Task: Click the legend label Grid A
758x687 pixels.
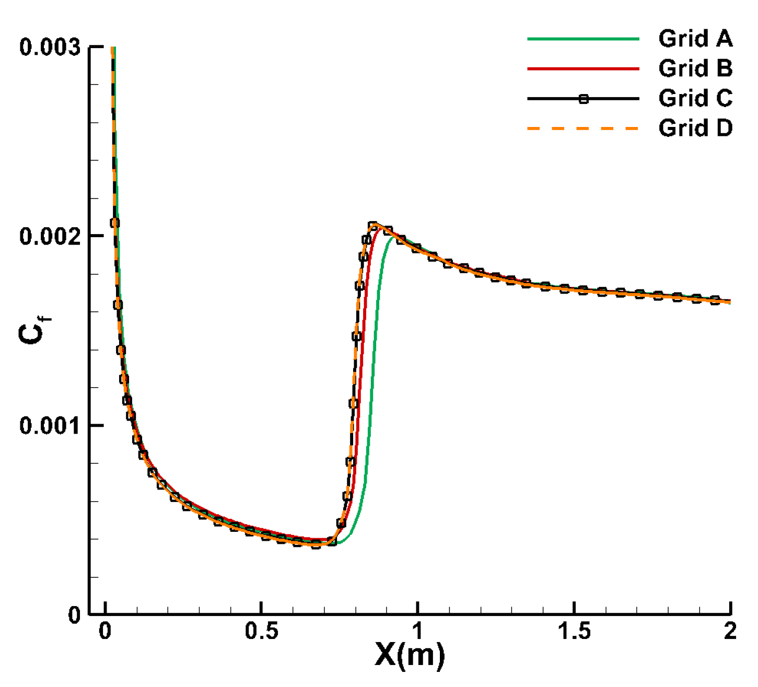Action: pyautogui.click(x=695, y=39)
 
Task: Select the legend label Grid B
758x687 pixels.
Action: pyautogui.click(x=695, y=68)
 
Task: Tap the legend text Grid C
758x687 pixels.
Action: pyautogui.click(x=695, y=98)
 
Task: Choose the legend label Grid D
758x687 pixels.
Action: pyautogui.click(x=695, y=128)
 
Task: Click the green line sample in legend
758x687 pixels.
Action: pyautogui.click(x=583, y=39)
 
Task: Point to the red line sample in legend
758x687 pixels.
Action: pyautogui.click(x=583, y=68)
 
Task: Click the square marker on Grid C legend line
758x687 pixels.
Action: pyautogui.click(x=584, y=99)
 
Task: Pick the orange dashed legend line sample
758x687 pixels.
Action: pyautogui.click(x=583, y=129)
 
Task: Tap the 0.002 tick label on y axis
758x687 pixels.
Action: pyautogui.click(x=50, y=237)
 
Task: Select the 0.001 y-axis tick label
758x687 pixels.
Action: pyautogui.click(x=50, y=426)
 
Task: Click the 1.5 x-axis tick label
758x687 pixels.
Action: pyautogui.click(x=574, y=632)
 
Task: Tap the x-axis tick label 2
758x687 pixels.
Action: pyautogui.click(x=730, y=632)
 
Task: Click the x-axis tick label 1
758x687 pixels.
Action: pyautogui.click(x=417, y=632)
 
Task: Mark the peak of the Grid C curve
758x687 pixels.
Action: pyautogui.click(x=373, y=225)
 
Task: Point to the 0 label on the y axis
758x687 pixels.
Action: pyautogui.click(x=74, y=615)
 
